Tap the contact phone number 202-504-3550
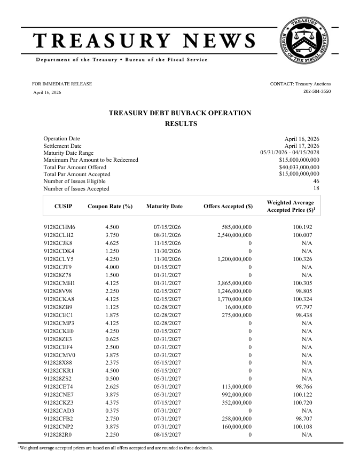point(317,92)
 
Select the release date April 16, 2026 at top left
point(48,92)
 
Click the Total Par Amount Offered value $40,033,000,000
point(299,167)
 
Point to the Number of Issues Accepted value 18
point(316,188)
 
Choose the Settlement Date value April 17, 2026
point(302,146)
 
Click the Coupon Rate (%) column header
point(109,207)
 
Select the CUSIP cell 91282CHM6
point(59,227)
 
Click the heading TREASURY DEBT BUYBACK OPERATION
point(179,113)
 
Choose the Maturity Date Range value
point(289,153)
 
